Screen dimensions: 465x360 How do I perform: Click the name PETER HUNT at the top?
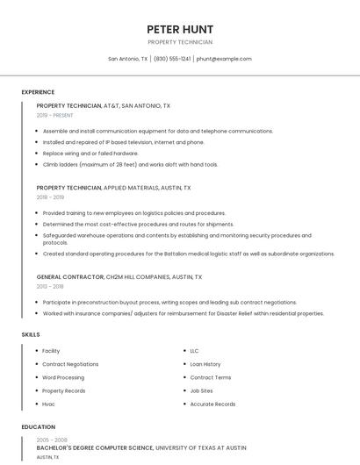[180, 29]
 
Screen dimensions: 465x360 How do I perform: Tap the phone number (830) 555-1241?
[172, 59]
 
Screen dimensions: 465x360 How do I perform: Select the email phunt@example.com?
[224, 59]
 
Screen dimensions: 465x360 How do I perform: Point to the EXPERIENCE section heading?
[38, 92]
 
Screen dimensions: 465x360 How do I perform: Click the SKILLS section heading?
[31, 334]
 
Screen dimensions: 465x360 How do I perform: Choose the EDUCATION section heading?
[38, 427]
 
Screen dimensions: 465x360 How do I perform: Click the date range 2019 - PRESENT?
[54, 115]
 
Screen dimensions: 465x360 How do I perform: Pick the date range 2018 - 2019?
[50, 197]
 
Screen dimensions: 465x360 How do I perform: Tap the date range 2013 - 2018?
[50, 286]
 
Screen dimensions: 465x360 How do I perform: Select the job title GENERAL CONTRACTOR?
[70, 276]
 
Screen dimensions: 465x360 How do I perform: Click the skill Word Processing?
[63, 377]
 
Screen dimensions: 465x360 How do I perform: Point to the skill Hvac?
[48, 404]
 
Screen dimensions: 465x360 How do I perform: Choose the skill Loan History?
[205, 364]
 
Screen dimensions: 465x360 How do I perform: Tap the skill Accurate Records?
[212, 404]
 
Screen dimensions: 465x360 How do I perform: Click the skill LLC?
[194, 351]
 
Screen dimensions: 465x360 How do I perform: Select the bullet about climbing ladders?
[130, 164]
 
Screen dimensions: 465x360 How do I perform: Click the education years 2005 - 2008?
[52, 440]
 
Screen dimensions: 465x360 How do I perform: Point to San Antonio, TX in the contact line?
[128, 59]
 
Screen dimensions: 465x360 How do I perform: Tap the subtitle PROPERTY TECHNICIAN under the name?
[180, 42]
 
